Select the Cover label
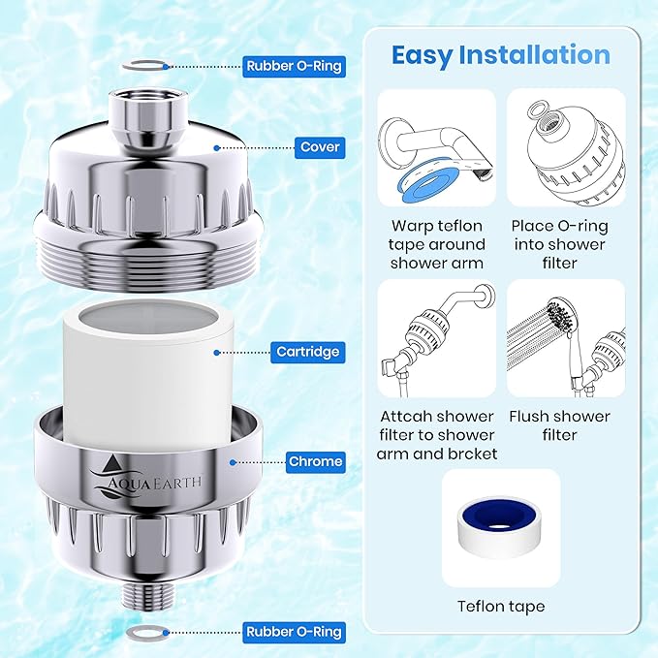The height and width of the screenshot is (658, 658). pyautogui.click(x=319, y=148)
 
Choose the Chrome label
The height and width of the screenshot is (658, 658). pyautogui.click(x=316, y=462)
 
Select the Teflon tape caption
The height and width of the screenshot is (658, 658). pyautogui.click(x=500, y=607)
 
